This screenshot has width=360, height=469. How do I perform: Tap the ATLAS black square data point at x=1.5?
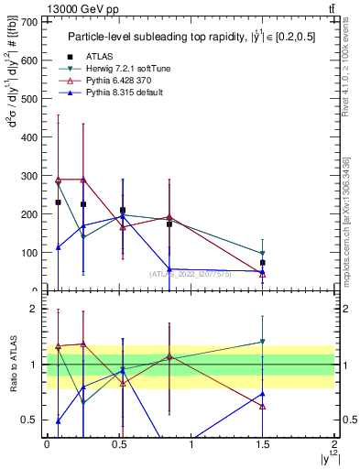tap(263, 263)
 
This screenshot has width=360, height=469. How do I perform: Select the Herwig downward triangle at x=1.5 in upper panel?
tap(263, 253)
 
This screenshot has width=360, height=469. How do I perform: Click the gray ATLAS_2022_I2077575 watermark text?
tap(191, 274)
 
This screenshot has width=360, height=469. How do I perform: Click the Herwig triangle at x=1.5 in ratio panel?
tap(263, 342)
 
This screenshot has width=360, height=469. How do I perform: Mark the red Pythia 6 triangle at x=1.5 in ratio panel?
tap(263, 406)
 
